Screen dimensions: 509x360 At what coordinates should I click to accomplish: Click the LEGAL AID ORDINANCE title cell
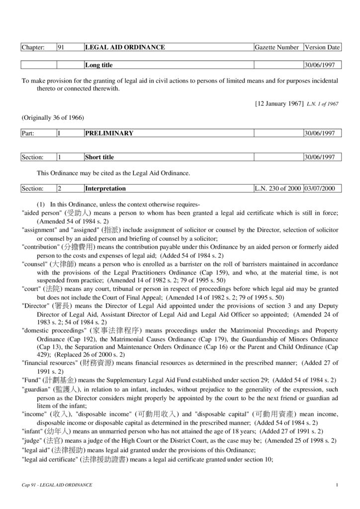(125, 48)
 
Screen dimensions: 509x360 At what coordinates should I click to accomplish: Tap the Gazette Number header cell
(276, 48)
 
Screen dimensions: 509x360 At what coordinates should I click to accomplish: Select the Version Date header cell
(322, 48)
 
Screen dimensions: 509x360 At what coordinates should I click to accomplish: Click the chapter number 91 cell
(62, 48)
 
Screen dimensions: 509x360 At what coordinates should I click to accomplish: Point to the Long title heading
(99, 65)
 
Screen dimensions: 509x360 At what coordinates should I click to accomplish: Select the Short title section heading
(99, 157)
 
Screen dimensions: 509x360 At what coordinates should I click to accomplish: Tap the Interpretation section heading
(105, 189)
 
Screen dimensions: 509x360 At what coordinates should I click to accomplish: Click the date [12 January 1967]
(279, 103)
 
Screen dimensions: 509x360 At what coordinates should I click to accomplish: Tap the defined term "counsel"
(33, 264)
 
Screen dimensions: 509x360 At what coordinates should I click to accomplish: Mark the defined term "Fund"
(30, 380)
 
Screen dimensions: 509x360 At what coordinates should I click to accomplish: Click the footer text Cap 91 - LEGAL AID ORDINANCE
(57, 485)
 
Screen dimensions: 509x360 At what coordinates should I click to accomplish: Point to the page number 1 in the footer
(337, 485)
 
